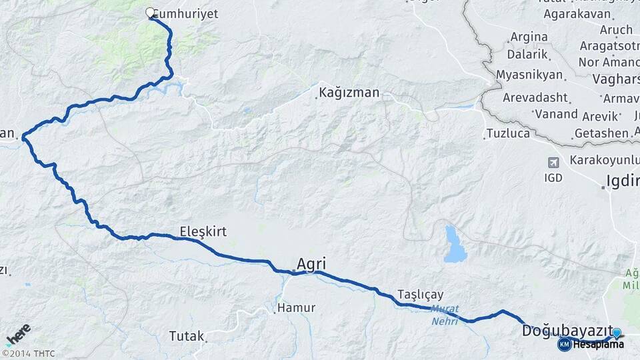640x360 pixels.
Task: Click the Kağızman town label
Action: click(x=349, y=93)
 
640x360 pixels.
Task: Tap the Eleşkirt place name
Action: click(x=203, y=231)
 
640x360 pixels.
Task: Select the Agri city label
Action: click(x=311, y=263)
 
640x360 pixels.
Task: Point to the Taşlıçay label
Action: click(x=420, y=294)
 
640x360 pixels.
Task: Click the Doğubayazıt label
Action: click(x=567, y=330)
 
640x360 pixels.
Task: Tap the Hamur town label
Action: click(x=296, y=308)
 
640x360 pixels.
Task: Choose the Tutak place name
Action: click(x=186, y=335)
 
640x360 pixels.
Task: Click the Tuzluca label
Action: click(x=508, y=133)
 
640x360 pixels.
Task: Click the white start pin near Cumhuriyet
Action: click(x=150, y=13)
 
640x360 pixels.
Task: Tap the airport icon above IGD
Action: click(x=553, y=163)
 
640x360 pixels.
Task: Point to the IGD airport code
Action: click(x=553, y=178)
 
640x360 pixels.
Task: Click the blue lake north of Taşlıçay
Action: click(x=455, y=244)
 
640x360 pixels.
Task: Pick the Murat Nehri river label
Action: click(x=444, y=315)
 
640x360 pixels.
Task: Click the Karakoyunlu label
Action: click(x=604, y=160)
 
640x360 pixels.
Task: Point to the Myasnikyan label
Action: click(x=529, y=74)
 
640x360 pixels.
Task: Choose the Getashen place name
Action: click(x=601, y=133)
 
